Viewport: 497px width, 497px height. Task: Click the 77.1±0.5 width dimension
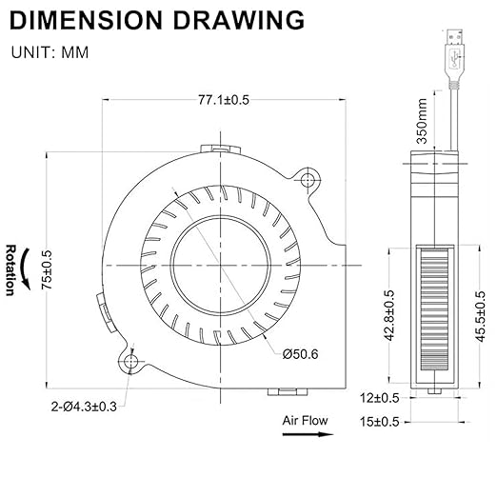coord(224,100)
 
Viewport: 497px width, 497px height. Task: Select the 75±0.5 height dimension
coord(47,269)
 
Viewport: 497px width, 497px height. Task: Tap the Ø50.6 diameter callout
coord(300,354)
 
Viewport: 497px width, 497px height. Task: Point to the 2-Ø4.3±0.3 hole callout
coord(84,407)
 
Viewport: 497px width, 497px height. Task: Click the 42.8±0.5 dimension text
coord(389,315)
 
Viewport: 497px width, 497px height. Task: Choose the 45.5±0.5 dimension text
coord(481,317)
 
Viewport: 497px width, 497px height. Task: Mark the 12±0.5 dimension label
coord(379,398)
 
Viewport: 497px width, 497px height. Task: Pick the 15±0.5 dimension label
coord(379,422)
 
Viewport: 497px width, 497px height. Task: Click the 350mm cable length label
coord(422,121)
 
